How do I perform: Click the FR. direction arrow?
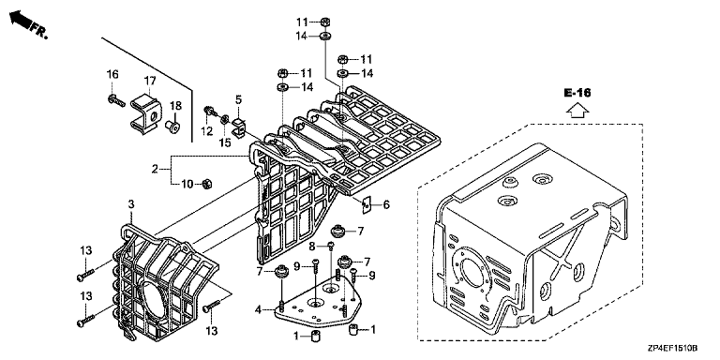click(x=21, y=19)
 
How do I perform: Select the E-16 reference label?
click(x=577, y=93)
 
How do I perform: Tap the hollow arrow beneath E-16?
click(x=577, y=111)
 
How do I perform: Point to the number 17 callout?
click(x=150, y=81)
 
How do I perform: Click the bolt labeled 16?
click(x=116, y=99)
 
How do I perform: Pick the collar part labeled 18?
click(x=172, y=127)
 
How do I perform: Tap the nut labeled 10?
click(x=207, y=184)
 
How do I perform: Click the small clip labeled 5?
click(x=239, y=126)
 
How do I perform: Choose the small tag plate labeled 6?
click(x=367, y=205)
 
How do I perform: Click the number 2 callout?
click(x=156, y=170)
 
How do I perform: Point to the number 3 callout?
click(x=131, y=204)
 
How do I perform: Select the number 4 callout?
click(x=258, y=310)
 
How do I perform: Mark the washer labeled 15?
click(x=225, y=119)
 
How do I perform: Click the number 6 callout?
click(x=386, y=204)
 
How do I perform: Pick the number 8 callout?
click(x=312, y=247)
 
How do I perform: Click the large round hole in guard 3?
click(x=152, y=301)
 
